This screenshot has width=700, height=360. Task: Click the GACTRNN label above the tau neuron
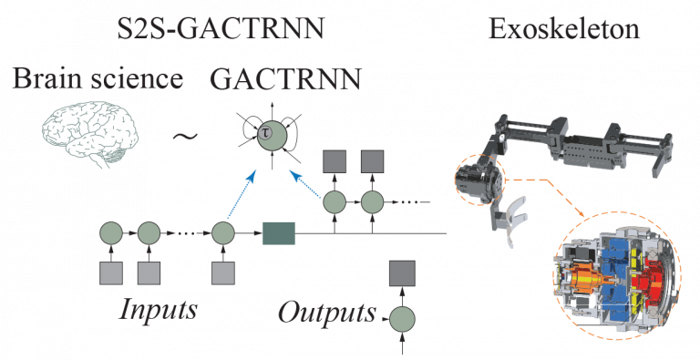point(285,79)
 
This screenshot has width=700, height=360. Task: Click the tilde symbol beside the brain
point(185,137)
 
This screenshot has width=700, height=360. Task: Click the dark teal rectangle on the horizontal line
point(279,234)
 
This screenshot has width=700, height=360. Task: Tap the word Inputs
point(158,307)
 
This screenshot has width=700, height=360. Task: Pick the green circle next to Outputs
point(403,318)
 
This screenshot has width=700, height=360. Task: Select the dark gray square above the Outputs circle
point(403,273)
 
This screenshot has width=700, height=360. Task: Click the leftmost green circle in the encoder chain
point(110,234)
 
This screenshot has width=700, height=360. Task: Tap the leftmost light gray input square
point(110,272)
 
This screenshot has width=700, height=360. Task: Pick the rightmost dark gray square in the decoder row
point(372,162)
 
